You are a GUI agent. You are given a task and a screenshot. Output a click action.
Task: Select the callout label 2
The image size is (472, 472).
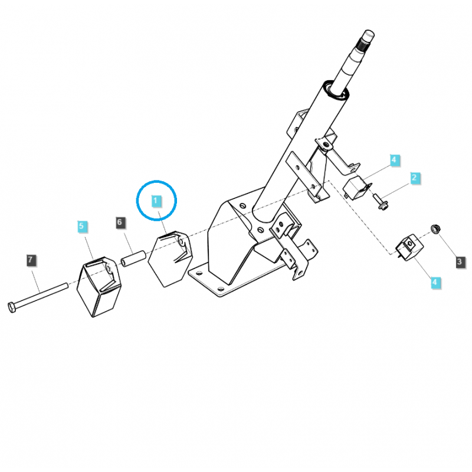414,177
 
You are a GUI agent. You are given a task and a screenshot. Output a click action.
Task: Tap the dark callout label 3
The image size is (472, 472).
460,261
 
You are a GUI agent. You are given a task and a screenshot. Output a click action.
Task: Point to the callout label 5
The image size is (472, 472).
82,226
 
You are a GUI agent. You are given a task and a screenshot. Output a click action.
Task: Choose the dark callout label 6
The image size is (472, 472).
120,222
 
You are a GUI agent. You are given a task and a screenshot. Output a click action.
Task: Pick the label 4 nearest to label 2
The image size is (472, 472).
394,160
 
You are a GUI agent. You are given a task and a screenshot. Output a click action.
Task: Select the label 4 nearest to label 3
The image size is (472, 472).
435,283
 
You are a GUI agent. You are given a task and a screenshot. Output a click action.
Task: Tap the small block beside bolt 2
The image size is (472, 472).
356,188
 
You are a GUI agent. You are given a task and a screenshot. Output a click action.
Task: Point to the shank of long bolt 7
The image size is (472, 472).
44,295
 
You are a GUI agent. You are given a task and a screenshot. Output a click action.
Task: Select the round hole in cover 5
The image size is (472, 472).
110,270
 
